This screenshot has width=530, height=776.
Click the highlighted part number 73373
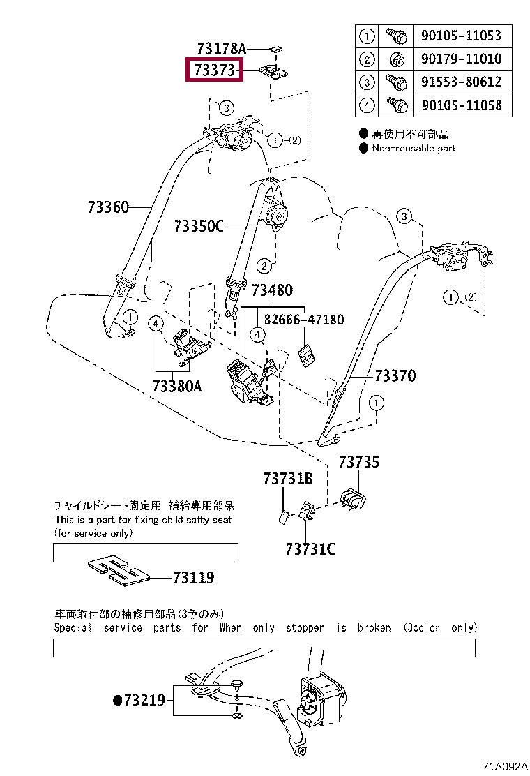[x=214, y=70]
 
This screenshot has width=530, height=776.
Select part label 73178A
[x=222, y=48]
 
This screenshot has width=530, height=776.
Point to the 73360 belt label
[x=108, y=207]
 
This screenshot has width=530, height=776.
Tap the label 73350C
[x=199, y=226]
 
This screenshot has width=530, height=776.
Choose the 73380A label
[x=176, y=385]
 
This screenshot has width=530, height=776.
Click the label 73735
[x=359, y=461]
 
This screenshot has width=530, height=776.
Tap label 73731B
[x=287, y=479]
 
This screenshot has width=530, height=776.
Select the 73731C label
[x=310, y=550]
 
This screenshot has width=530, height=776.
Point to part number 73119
[x=193, y=578]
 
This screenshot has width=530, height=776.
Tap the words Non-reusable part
[x=414, y=148]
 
